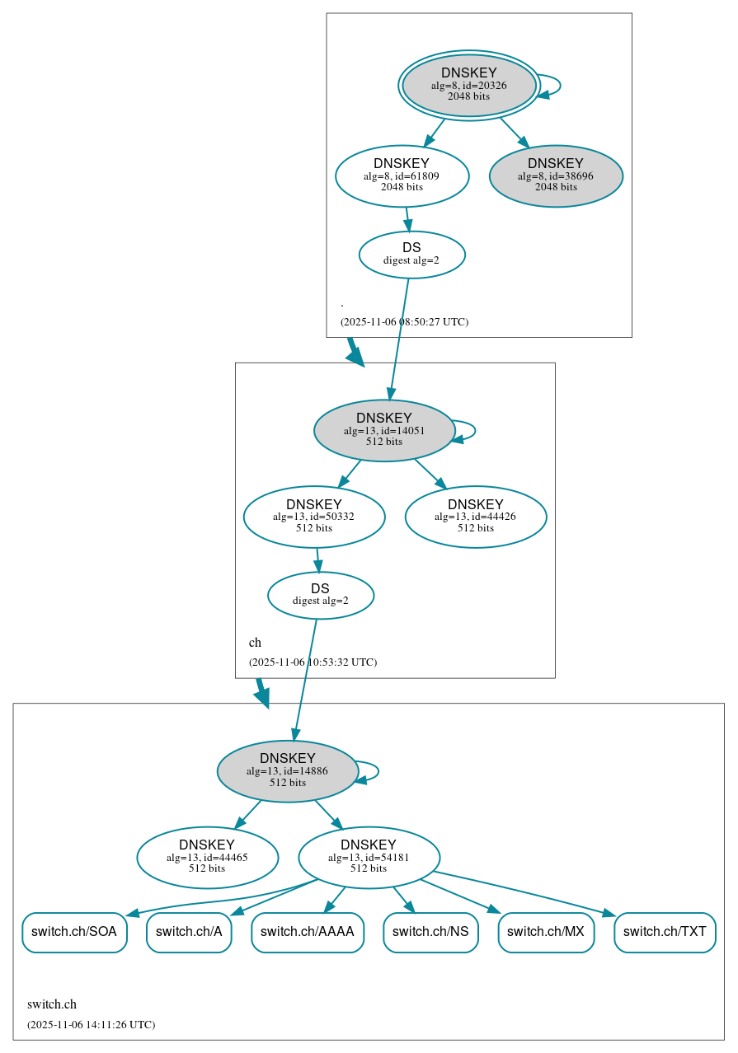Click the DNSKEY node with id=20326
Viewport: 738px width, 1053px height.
pyautogui.click(x=468, y=85)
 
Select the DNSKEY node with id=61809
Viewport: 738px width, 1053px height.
pyautogui.click(x=402, y=175)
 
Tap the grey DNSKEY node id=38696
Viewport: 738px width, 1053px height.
pyautogui.click(x=556, y=175)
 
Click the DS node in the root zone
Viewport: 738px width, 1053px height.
pyautogui.click(x=411, y=255)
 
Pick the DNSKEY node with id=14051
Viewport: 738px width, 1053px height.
pyautogui.click(x=384, y=431)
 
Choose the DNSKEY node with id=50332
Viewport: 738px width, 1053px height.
pyautogui.click(x=314, y=517)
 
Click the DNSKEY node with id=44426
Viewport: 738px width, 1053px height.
pyautogui.click(x=476, y=517)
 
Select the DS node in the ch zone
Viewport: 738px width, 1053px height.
pyautogui.click(x=321, y=595)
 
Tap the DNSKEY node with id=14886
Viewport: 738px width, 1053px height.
pyautogui.click(x=287, y=771)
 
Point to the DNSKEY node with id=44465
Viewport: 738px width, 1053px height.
pyautogui.click(x=207, y=858)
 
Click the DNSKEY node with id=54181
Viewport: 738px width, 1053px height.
pyautogui.click(x=369, y=858)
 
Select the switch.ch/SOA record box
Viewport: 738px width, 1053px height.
pyautogui.click(x=74, y=932)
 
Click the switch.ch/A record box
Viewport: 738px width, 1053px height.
pyautogui.click(x=189, y=932)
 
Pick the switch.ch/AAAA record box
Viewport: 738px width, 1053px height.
pyautogui.click(x=308, y=932)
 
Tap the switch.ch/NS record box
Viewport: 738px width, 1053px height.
pyautogui.click(x=430, y=932)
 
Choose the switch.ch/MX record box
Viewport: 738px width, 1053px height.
pyautogui.click(x=546, y=932)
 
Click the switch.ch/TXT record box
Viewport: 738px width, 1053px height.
pyautogui.click(x=665, y=932)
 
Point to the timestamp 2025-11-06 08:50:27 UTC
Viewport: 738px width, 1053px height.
pyautogui.click(x=404, y=321)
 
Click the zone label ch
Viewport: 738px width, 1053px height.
pyautogui.click(x=255, y=643)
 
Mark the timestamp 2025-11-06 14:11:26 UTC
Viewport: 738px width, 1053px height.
pyautogui.click(x=91, y=1025)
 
